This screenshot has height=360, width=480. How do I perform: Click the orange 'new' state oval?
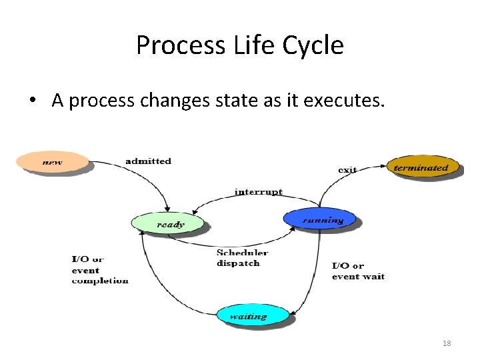pyautogui.click(x=53, y=162)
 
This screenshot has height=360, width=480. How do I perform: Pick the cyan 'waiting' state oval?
pyautogui.click(x=253, y=315)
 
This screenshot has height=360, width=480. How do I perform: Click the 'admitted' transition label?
pyautogui.click(x=148, y=161)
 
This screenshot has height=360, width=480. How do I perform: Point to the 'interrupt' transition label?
pyautogui.click(x=258, y=192)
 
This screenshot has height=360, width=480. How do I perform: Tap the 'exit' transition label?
pyautogui.click(x=347, y=169)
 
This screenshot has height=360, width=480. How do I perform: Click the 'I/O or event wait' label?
pyautogui.click(x=358, y=271)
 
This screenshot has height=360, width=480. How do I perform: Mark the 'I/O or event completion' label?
pyautogui.click(x=100, y=270)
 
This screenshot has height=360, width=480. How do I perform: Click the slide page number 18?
pyautogui.click(x=447, y=343)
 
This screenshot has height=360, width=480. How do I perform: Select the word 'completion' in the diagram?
pyautogui.click(x=100, y=281)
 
